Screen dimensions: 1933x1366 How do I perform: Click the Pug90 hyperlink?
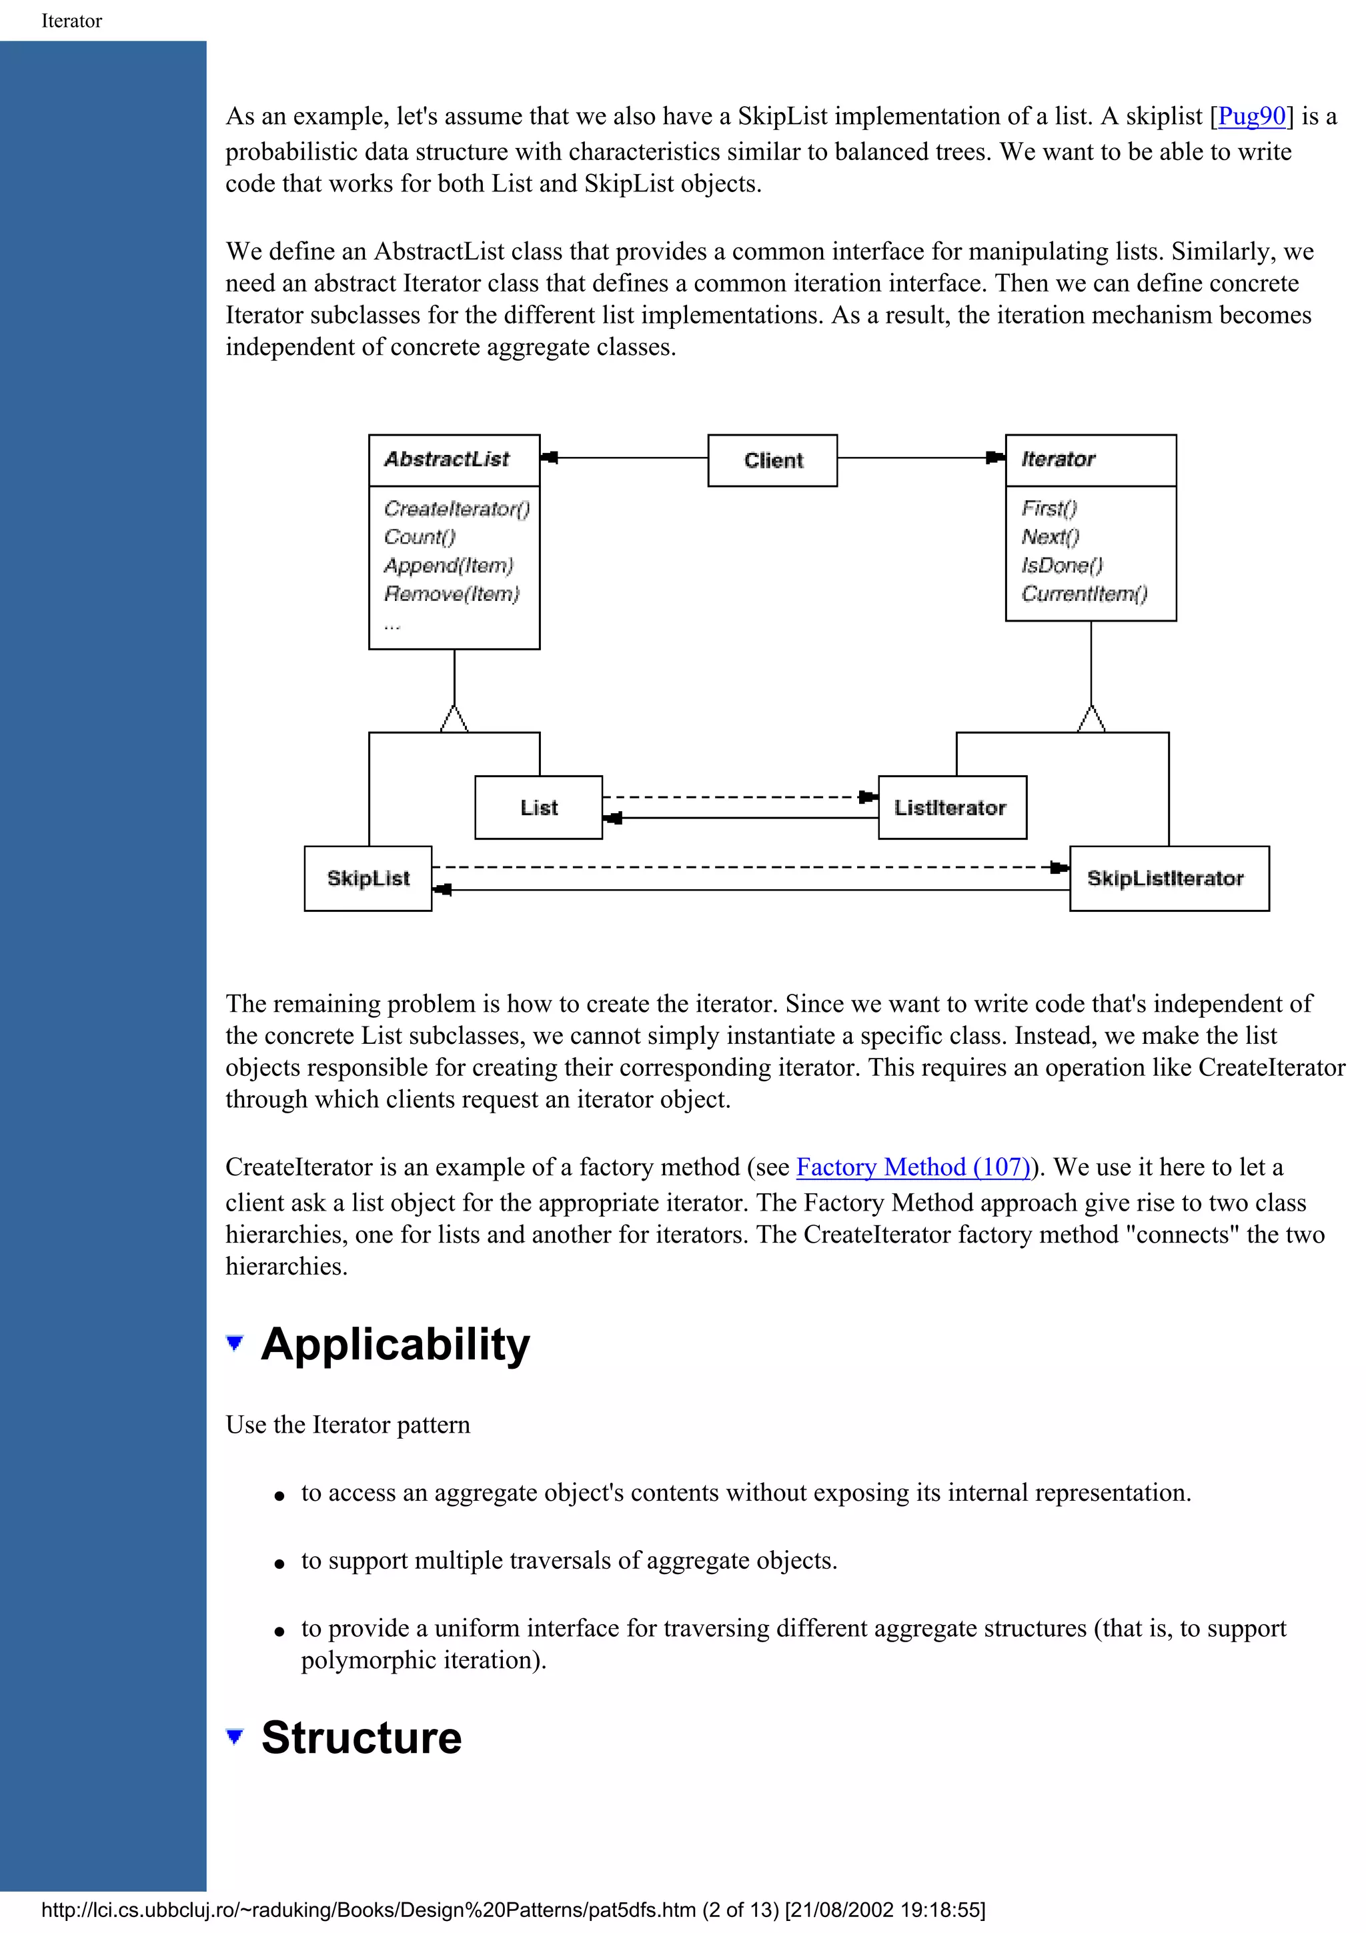1251,115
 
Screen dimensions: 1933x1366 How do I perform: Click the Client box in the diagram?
772,460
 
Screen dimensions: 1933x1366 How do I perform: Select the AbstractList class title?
447,459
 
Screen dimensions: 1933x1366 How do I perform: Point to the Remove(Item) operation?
452,594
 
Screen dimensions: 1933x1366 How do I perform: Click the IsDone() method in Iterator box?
1062,565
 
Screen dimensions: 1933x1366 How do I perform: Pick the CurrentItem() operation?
1084,594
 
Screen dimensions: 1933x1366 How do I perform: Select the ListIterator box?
952,807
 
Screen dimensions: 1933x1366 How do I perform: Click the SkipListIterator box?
1168,878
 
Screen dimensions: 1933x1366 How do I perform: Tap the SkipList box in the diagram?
368,878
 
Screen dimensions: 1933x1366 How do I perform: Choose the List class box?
539,807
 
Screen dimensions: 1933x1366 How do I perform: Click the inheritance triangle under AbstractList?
454,720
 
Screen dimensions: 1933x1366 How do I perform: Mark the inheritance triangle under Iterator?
1091,720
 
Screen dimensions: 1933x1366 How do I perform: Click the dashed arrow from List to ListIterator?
732,796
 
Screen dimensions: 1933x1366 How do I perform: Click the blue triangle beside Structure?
235,1736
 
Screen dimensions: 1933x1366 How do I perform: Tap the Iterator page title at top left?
71,21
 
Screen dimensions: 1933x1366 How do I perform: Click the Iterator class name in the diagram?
1058,459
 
